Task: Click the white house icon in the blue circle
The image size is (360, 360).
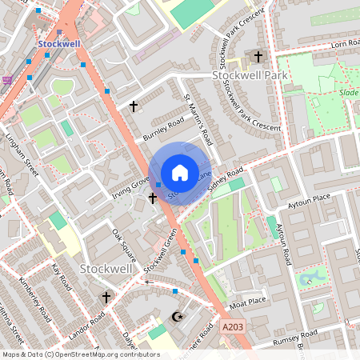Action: click(179, 172)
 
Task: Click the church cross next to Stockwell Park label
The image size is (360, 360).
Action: click(258, 57)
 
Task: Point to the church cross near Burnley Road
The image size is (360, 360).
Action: click(134, 106)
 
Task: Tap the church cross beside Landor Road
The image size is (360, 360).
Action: click(106, 297)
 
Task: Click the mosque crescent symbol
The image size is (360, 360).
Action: click(178, 317)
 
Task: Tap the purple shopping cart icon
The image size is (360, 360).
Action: click(7, 80)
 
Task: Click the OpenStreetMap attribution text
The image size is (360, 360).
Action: click(80, 354)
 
